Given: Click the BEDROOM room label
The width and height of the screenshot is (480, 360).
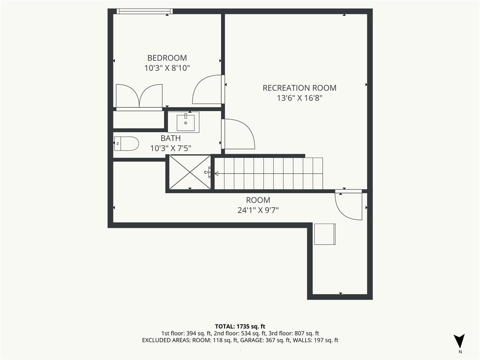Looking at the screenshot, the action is [167, 58].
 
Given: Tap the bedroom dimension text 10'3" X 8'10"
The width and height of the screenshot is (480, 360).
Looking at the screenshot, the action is [167, 68].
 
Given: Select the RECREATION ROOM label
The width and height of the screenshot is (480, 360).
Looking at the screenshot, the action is [300, 88].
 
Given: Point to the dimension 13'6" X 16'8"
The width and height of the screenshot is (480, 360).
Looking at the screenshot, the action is [300, 98].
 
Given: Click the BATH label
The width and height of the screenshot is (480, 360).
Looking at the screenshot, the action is [171, 138].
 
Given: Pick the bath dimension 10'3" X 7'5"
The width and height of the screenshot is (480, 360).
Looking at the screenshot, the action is [171, 149].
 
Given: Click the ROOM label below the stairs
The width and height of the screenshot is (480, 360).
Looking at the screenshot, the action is [258, 200].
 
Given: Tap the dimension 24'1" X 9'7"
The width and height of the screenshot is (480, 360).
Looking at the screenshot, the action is [258, 210].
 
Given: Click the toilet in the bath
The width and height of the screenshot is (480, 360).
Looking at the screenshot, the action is [127, 143].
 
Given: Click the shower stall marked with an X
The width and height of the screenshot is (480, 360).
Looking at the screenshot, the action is [190, 172].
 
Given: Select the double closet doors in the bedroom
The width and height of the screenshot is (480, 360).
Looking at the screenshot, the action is [139, 96].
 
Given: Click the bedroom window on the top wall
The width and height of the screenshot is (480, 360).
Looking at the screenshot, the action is [145, 11].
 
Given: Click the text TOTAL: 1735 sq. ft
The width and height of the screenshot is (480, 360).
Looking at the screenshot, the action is [240, 326].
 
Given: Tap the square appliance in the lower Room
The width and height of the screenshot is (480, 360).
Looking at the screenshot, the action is [325, 234].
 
